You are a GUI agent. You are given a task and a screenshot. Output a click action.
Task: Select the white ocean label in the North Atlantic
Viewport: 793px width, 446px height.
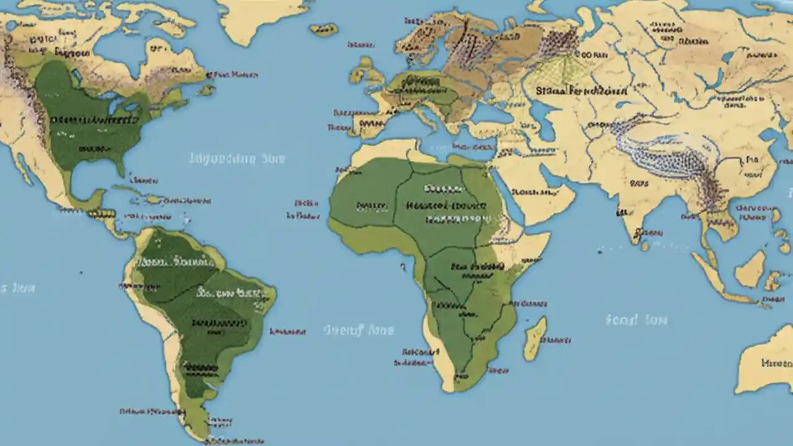coord(237,159)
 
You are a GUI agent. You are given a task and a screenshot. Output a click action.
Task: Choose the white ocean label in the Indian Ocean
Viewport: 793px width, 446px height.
coord(636,320)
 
